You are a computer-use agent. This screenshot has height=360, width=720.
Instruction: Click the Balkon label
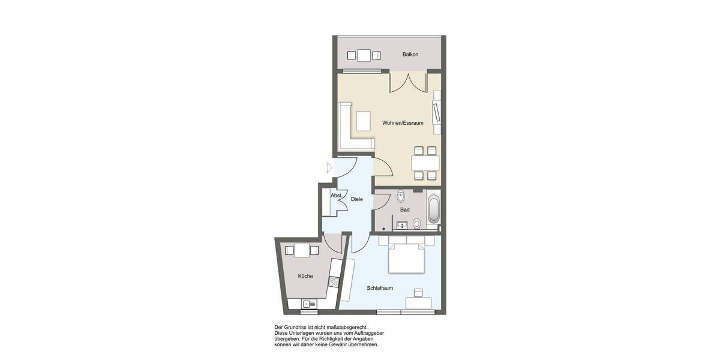[410, 55]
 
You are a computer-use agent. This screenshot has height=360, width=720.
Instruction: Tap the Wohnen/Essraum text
[403, 123]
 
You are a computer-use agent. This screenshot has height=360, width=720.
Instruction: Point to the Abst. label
[336, 196]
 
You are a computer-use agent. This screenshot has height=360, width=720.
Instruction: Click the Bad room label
[405, 209]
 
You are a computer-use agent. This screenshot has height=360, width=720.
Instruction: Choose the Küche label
[305, 276]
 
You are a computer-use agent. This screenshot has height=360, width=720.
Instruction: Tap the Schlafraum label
[380, 288]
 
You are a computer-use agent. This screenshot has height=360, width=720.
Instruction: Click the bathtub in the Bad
[433, 209]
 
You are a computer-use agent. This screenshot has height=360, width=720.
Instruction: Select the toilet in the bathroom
[416, 223]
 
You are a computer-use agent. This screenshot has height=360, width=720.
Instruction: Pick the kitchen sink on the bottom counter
[309, 304]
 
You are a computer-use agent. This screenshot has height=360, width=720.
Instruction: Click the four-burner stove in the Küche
[334, 281]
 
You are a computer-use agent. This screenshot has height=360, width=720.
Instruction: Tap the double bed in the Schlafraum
[407, 255]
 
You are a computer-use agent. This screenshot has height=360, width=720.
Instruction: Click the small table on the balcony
[364, 56]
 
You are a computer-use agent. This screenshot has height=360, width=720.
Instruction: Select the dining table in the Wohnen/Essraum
[425, 163]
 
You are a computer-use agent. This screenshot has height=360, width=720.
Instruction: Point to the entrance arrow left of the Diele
[328, 167]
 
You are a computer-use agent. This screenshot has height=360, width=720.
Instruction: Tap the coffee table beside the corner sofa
[364, 121]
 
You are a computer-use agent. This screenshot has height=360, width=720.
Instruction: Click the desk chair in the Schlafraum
[418, 292]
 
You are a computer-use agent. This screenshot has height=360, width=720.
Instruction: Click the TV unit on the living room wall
[437, 112]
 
